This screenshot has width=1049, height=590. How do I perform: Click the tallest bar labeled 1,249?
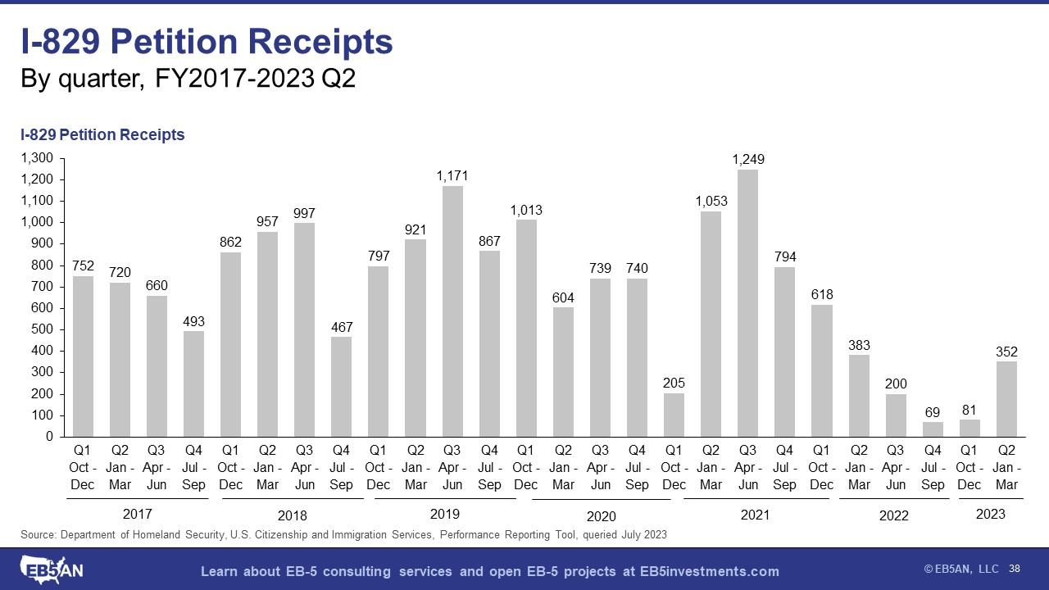(747, 303)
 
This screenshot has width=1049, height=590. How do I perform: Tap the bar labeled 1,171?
(452, 311)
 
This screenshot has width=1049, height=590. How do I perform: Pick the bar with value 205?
(674, 415)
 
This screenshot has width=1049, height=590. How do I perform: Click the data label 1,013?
(526, 211)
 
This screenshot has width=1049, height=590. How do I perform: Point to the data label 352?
(1006, 352)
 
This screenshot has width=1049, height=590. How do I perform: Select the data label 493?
(193, 322)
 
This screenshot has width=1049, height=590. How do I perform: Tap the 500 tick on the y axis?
(43, 329)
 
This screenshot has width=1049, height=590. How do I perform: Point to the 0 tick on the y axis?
(49, 437)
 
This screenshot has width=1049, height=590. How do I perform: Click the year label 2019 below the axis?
(445, 515)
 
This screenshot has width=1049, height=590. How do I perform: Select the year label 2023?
(990, 515)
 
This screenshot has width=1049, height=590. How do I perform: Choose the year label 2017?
(137, 515)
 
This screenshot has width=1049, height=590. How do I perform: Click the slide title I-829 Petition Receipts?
(207, 43)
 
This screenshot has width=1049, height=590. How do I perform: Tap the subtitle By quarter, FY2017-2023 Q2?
(188, 80)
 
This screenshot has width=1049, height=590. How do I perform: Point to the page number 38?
(1015, 569)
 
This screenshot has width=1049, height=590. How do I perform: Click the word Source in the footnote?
(37, 535)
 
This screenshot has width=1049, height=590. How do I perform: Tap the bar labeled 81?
(970, 428)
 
